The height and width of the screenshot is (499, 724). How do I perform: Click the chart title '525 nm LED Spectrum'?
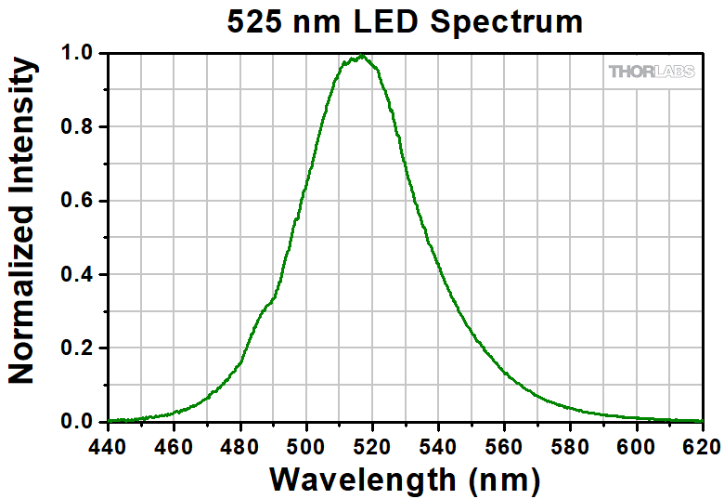[x=406, y=20]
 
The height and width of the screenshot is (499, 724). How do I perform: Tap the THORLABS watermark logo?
[x=651, y=72]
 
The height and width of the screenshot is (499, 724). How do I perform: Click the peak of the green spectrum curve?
[x=359, y=57]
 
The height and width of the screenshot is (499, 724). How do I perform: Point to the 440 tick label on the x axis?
[x=109, y=447]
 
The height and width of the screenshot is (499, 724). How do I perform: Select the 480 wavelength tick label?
[x=240, y=447]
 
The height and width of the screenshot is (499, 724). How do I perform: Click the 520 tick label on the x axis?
[x=372, y=447]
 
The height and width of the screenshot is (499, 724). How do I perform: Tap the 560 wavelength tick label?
[x=504, y=447]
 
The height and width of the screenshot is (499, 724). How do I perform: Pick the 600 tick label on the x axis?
[x=636, y=447]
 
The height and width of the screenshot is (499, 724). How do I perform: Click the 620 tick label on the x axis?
[x=701, y=447]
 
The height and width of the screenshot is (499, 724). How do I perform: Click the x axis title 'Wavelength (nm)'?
[x=405, y=479]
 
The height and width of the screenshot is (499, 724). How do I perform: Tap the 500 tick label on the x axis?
[x=306, y=447]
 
